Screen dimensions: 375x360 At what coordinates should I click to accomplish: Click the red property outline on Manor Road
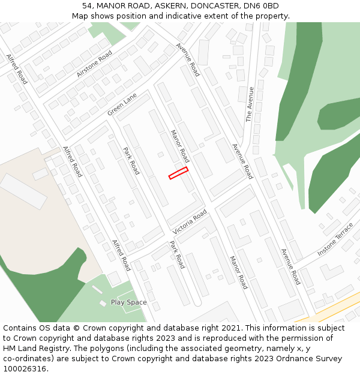pyautogui.click(x=178, y=173)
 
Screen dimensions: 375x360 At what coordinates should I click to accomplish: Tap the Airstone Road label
pyautogui.click(x=94, y=64)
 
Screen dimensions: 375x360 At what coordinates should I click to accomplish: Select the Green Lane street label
pyautogui.click(x=122, y=104)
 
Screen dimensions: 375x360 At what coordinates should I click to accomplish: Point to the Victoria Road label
pyautogui.click(x=190, y=222)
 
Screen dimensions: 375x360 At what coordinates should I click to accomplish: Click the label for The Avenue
pyautogui.click(x=250, y=104)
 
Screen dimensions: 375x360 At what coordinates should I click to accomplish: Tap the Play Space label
pyautogui.click(x=128, y=302)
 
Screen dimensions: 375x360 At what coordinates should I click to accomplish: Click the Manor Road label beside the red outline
pyautogui.click(x=180, y=146)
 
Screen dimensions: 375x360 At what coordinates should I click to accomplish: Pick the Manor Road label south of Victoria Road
pyautogui.click(x=238, y=272)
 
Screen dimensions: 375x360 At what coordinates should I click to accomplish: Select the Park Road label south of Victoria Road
pyautogui.click(x=177, y=254)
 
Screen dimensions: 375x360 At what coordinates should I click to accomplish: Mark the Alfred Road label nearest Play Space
pyautogui.click(x=121, y=255)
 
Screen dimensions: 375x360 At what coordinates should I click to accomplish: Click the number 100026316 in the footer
pyautogui.click(x=25, y=368)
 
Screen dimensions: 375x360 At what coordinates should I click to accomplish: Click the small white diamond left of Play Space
pyautogui.click(x=103, y=304)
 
